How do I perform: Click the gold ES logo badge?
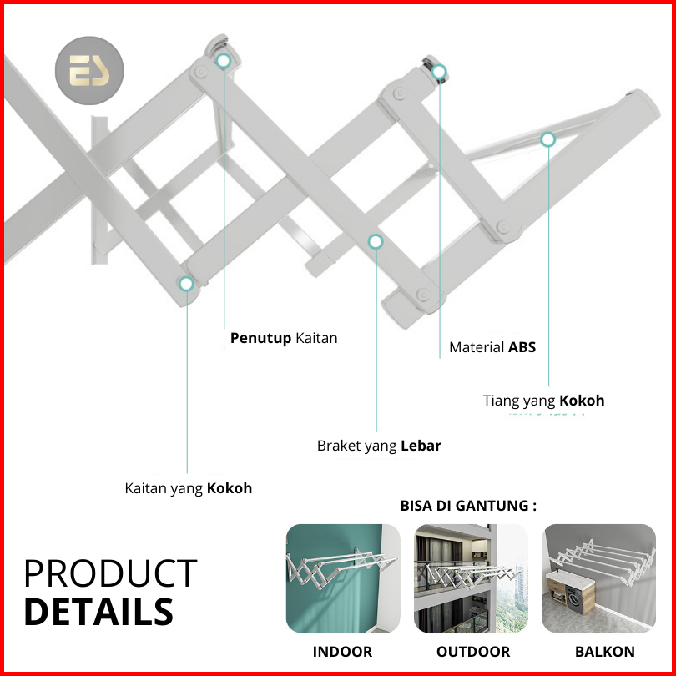(x=89, y=70)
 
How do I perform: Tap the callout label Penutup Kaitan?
(x=284, y=338)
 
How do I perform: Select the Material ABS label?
(x=492, y=347)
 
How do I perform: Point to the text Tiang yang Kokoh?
(x=543, y=401)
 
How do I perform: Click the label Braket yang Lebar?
(x=379, y=446)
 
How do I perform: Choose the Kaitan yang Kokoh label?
(x=189, y=488)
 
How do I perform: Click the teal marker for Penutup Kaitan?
(x=224, y=61)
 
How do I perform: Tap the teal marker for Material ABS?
(x=439, y=72)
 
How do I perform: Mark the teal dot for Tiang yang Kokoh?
(x=548, y=139)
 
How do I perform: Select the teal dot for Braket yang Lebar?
(x=376, y=241)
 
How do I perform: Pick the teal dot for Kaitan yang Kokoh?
(x=186, y=284)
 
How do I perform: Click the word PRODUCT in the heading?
(x=111, y=573)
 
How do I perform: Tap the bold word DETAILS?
(x=98, y=612)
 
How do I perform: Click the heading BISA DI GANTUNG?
(x=469, y=505)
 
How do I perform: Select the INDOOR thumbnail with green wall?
(x=343, y=578)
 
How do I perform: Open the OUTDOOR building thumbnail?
(x=471, y=578)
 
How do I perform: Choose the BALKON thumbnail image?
(x=599, y=578)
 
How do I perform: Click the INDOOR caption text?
(x=342, y=652)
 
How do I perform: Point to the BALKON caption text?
(x=605, y=652)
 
